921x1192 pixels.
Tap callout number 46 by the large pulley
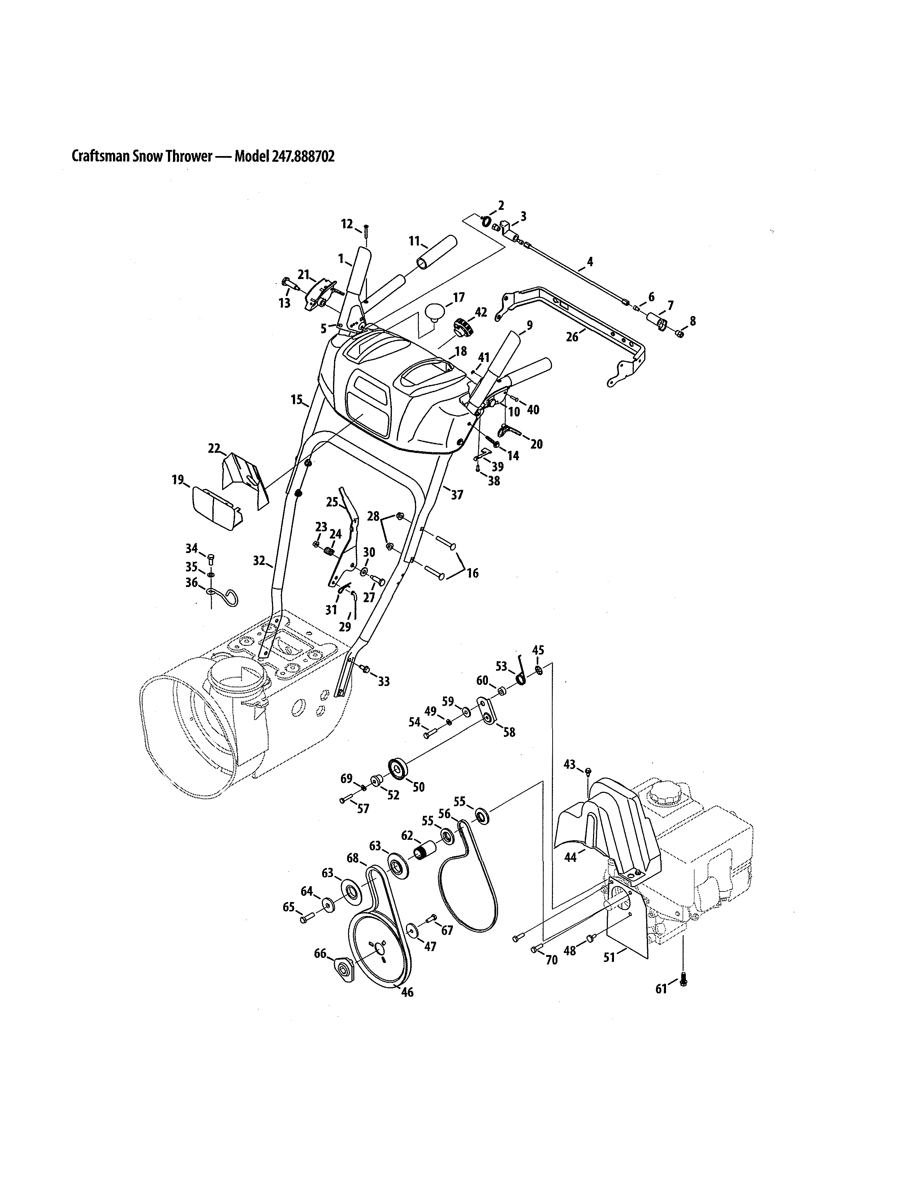pyautogui.click(x=407, y=992)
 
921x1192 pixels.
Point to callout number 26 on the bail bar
pyautogui.click(x=572, y=337)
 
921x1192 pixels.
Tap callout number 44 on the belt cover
pyautogui.click(x=570, y=858)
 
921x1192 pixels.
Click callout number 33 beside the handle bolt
pyautogui.click(x=384, y=681)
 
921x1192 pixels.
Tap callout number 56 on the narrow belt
pyautogui.click(x=445, y=814)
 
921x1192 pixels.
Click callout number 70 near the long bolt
pyautogui.click(x=552, y=959)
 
